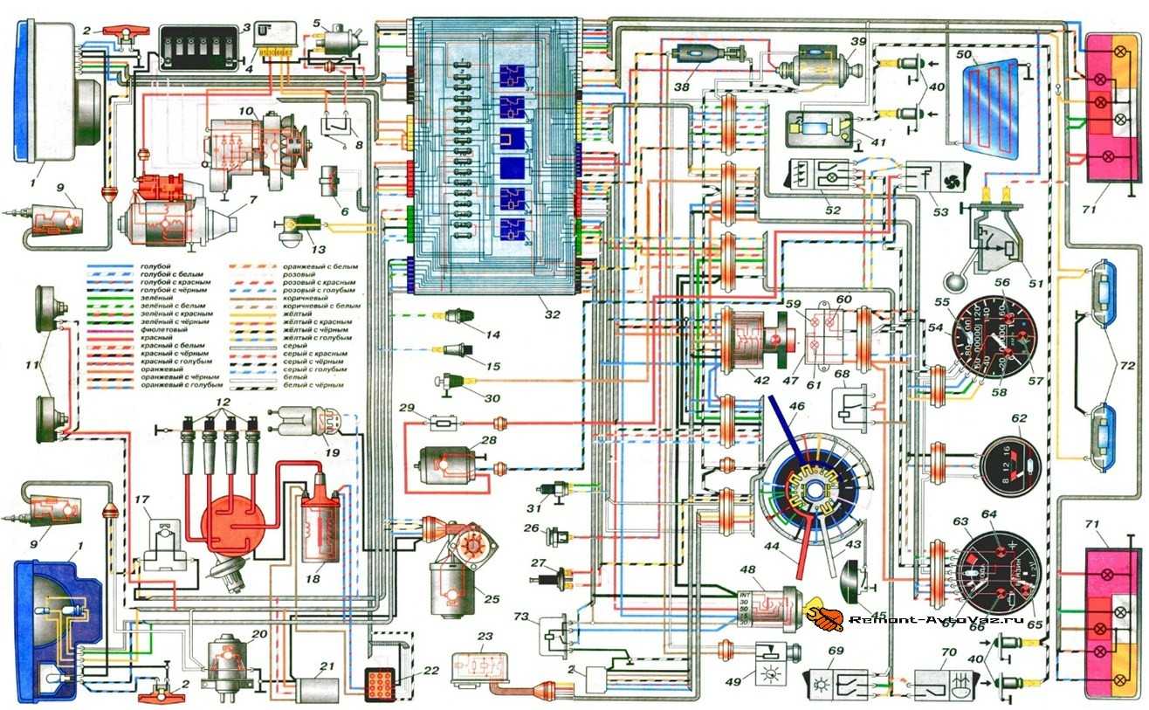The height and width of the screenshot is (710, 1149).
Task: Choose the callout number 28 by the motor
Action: (x=488, y=439)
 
